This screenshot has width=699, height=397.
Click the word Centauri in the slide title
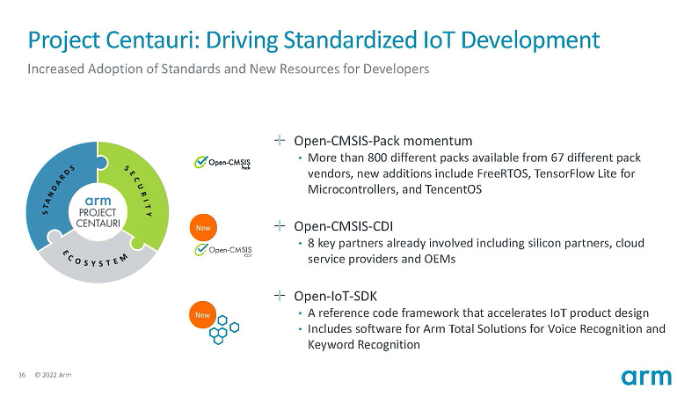point(153,40)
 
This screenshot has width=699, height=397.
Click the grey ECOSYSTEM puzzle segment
point(96,260)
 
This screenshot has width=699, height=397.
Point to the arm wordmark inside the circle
point(98,201)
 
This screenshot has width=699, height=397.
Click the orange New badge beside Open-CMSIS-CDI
point(203,228)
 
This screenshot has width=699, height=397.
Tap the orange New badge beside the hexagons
point(203,315)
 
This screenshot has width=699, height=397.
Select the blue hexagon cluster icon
point(224,329)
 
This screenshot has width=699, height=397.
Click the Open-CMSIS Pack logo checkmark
point(200,161)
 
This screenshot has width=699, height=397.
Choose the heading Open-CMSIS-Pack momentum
point(383,141)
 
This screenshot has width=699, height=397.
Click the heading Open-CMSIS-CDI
point(343,226)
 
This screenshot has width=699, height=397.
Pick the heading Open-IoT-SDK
point(335,296)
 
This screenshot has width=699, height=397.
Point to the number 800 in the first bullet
point(377,158)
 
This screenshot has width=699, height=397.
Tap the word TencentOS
point(454,189)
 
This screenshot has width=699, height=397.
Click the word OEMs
point(441,259)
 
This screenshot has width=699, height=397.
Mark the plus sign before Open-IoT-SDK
point(280,295)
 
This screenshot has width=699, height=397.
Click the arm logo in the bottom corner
point(646,378)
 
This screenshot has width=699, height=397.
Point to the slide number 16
point(22,375)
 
